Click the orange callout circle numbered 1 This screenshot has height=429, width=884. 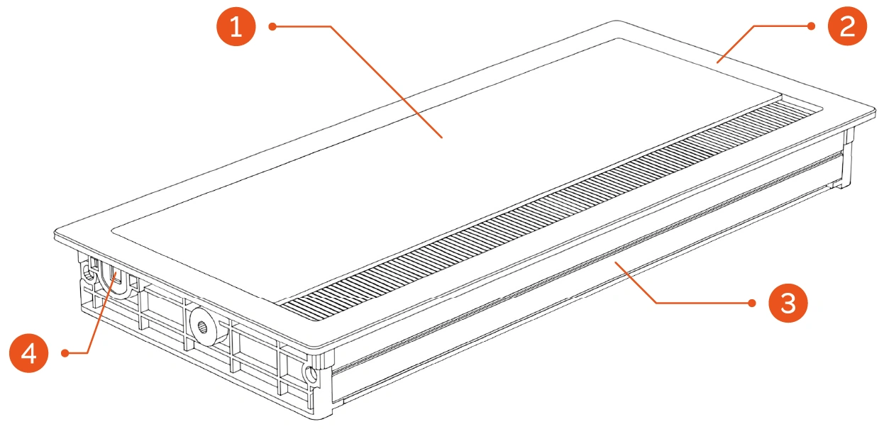236,26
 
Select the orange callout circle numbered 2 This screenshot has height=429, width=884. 847,26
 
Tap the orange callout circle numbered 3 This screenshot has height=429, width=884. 788,303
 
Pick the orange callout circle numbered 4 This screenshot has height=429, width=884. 29,353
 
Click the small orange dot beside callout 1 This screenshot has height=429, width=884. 272,26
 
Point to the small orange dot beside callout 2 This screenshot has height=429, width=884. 811,26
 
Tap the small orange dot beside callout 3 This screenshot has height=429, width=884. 752,303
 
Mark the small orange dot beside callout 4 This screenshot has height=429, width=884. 65,353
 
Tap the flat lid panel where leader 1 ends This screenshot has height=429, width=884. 441,138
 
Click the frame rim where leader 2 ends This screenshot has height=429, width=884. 717,62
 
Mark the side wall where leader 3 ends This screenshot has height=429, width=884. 616,262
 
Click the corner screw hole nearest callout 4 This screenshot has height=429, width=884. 89,276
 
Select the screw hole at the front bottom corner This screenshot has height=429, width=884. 311,374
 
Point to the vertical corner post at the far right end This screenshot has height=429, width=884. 847,157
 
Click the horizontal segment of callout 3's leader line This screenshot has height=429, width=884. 704,303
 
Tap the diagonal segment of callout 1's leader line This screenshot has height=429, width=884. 387,82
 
